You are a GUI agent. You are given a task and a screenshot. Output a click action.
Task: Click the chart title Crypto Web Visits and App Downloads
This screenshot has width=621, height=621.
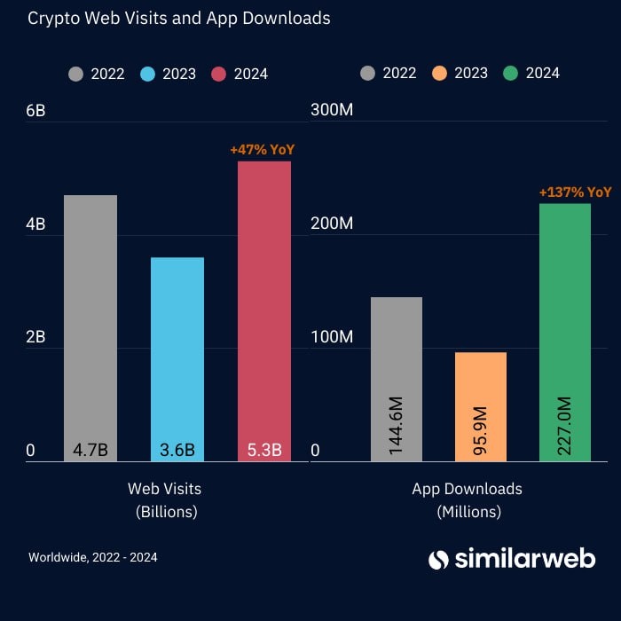click(x=178, y=19)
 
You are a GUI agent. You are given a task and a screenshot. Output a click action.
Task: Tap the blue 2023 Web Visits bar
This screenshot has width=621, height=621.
click(x=177, y=355)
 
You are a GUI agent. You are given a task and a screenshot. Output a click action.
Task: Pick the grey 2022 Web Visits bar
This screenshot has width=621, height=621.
click(x=90, y=319)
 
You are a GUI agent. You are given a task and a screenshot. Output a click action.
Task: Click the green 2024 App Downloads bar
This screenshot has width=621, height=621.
click(x=565, y=328)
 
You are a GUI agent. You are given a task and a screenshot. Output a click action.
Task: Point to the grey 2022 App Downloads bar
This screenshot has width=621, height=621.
click(x=396, y=373)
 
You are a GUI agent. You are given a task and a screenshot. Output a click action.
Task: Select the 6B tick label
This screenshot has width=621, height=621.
click(x=36, y=111)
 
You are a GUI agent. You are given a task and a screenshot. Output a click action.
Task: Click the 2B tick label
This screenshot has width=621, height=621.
click(x=36, y=338)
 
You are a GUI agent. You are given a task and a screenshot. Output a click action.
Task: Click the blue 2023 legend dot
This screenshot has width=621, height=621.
click(x=147, y=74)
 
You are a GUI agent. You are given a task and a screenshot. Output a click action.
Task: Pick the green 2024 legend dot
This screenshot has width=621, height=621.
click(x=509, y=73)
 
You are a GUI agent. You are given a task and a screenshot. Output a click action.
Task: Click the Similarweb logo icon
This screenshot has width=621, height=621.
click(x=438, y=559)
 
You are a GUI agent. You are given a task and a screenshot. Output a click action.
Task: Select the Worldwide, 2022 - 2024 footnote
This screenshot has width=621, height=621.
click(x=93, y=557)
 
